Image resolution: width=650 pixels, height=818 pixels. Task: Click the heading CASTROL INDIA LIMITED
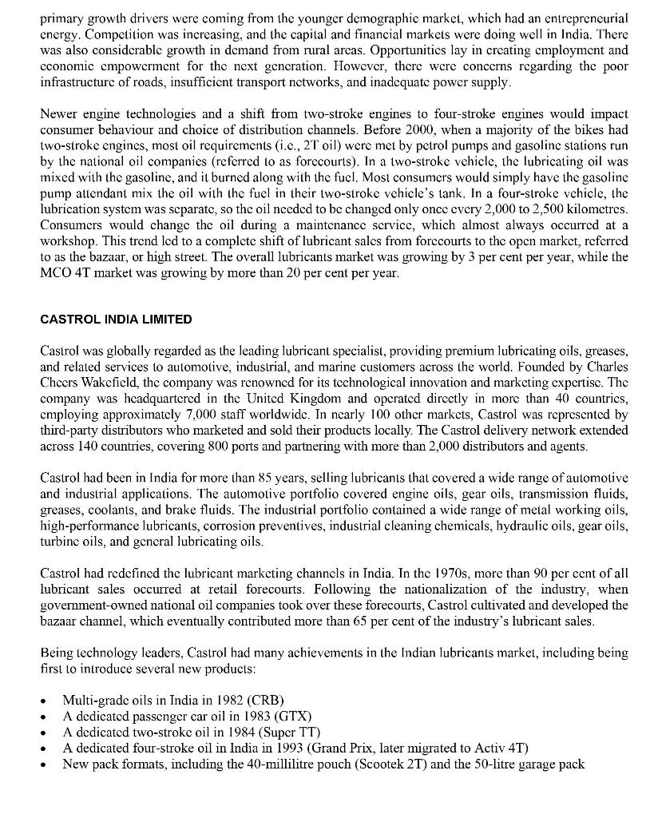(116, 320)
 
